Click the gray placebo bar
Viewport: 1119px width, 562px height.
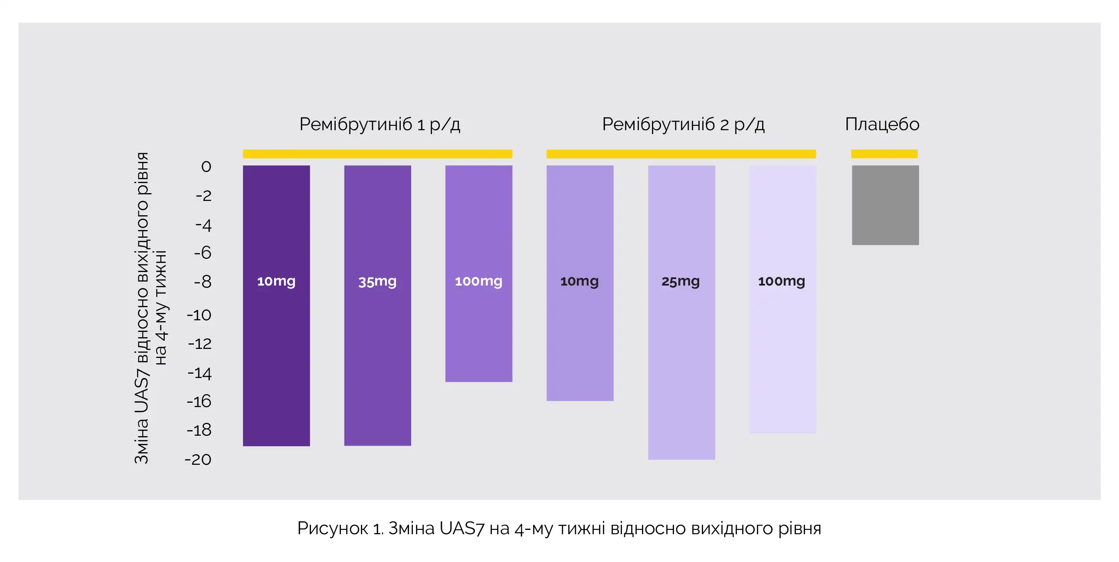[x=885, y=205]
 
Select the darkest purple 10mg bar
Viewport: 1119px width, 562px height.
[x=276, y=306]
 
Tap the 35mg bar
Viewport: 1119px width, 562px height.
[x=377, y=306]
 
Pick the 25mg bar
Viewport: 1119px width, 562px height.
[x=681, y=312]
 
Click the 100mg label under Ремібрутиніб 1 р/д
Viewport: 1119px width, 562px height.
[x=479, y=282]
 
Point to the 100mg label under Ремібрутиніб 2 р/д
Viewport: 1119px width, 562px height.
[x=782, y=282]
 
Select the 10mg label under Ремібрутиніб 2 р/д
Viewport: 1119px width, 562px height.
[x=579, y=282]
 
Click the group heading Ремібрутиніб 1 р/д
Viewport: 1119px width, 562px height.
[x=380, y=125]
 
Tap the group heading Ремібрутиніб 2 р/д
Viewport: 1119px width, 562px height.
[x=683, y=125]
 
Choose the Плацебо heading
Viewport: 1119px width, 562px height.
[x=882, y=124]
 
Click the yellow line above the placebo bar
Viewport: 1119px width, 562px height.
[x=884, y=154]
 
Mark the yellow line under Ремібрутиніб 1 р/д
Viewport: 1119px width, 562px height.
[x=377, y=154]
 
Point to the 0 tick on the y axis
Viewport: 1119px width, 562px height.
[x=206, y=167]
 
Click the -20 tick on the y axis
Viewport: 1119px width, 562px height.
[x=198, y=460]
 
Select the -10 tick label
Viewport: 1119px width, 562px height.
[x=199, y=315]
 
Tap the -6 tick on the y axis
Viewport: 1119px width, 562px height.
[x=203, y=253]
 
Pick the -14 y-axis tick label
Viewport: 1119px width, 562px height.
[x=200, y=373]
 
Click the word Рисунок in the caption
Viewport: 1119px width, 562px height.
[x=333, y=529]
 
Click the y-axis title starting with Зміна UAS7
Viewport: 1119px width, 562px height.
[x=151, y=308]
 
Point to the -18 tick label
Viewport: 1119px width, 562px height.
[x=199, y=431]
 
